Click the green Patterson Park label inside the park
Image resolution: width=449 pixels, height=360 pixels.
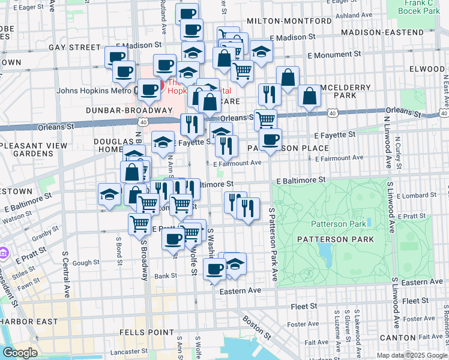pyautogui.click(x=338, y=224)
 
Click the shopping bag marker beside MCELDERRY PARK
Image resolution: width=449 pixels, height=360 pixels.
pyautogui.click(x=309, y=96)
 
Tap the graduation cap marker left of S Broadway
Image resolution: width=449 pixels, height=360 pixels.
pyautogui.click(x=109, y=194)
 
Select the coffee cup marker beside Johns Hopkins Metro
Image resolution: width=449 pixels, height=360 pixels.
pyautogui.click(x=148, y=90)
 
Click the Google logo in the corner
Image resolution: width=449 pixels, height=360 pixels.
pyautogui.click(x=20, y=353)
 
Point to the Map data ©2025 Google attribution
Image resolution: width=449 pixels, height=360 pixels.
pyautogui.click(x=411, y=355)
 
